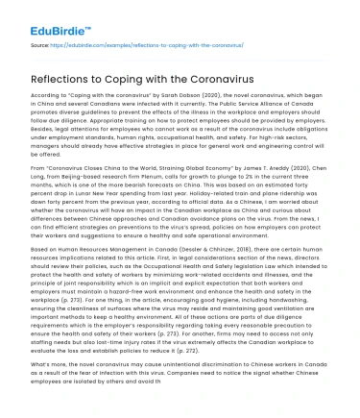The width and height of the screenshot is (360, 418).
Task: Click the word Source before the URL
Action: tap(39, 45)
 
